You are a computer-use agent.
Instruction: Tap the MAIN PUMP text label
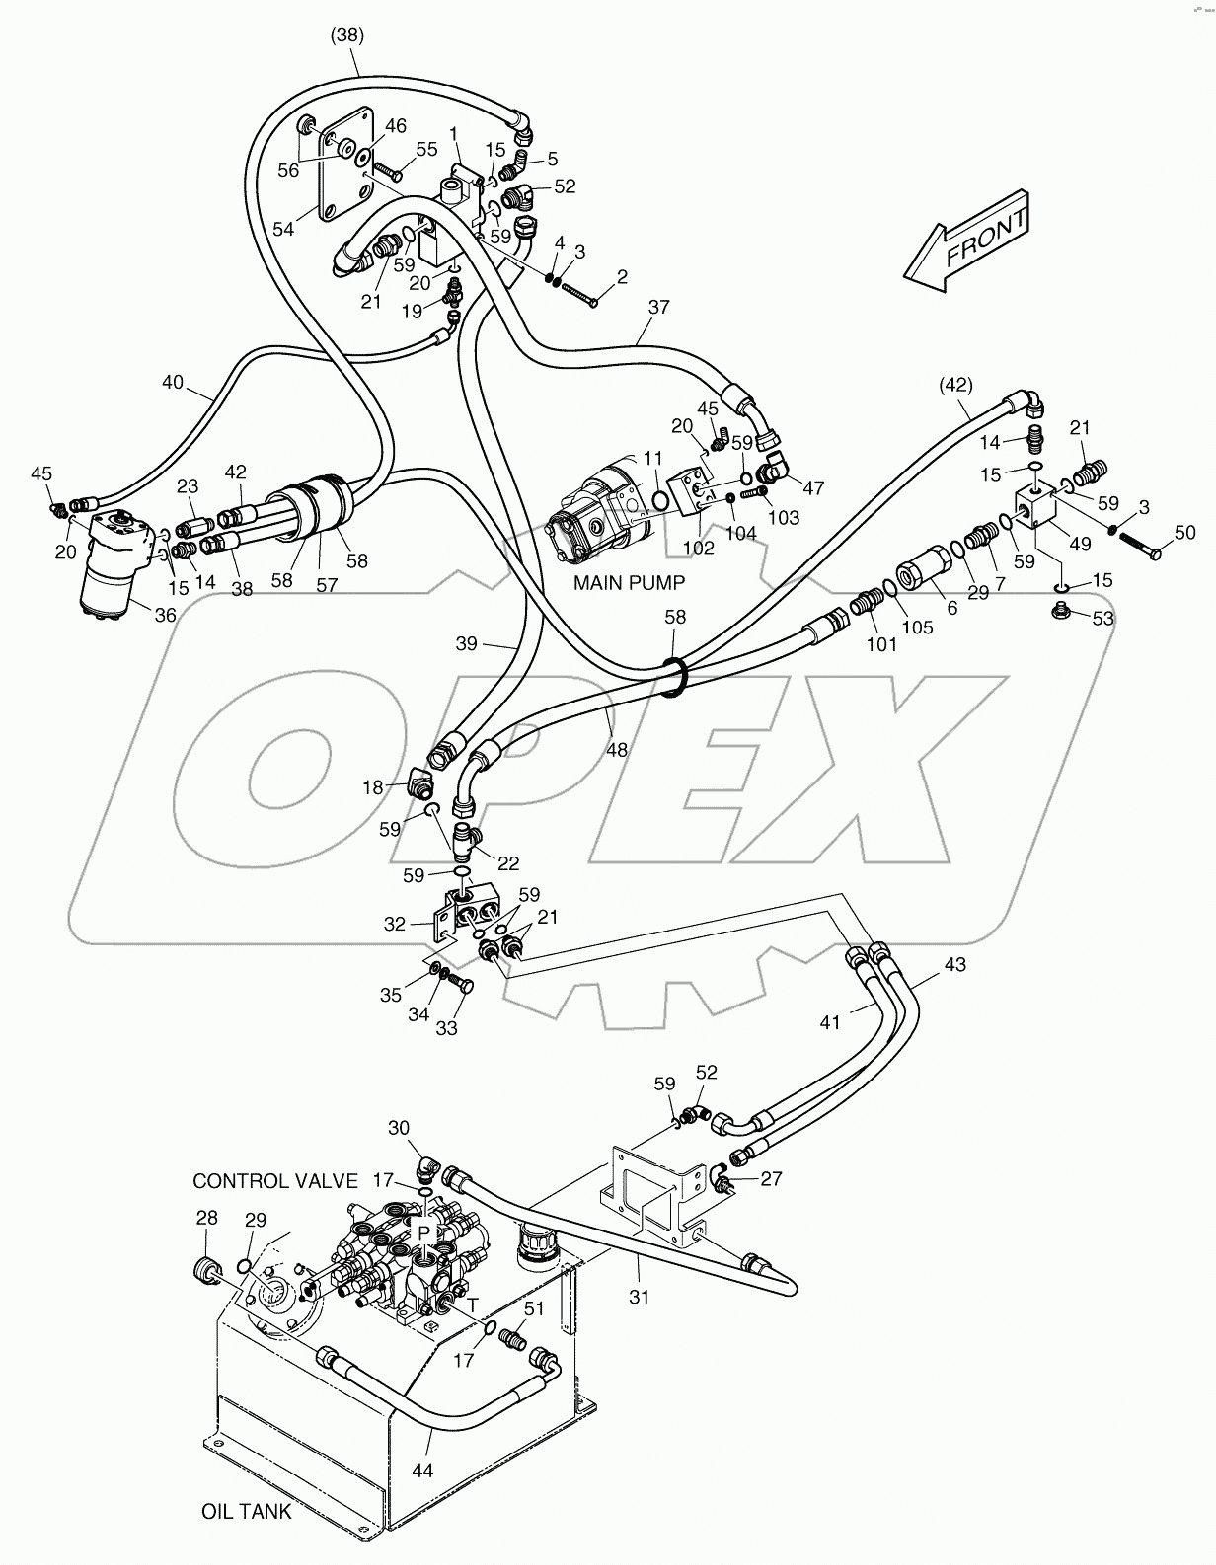tap(629, 582)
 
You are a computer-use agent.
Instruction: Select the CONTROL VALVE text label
tap(274, 1181)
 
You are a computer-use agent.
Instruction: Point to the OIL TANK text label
tap(247, 1511)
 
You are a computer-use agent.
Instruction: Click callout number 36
tap(165, 616)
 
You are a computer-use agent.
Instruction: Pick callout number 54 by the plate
tap(283, 229)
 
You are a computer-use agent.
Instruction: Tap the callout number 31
tap(640, 1296)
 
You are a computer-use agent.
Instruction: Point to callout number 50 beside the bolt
tap(1184, 534)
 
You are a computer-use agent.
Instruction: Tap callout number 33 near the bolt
tap(447, 1028)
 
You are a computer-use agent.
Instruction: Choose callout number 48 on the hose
tap(617, 750)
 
